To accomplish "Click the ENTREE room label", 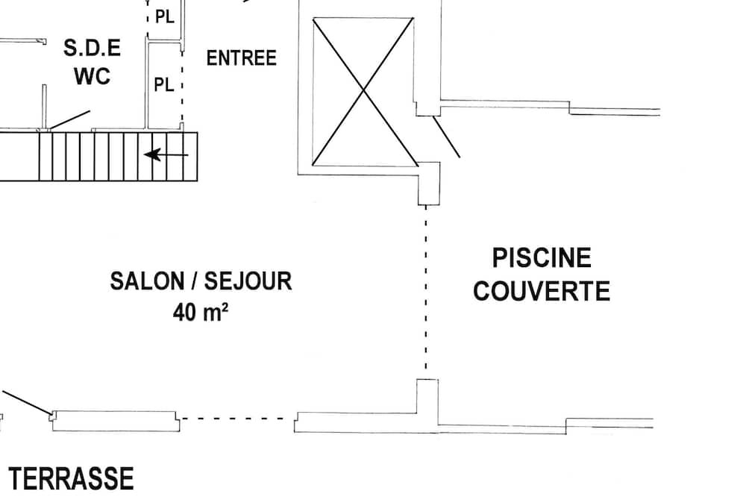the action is [x=241, y=58].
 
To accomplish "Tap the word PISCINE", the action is [x=542, y=258].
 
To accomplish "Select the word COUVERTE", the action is [x=542, y=291].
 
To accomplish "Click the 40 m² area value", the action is [x=200, y=312].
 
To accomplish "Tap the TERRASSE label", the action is [x=72, y=478].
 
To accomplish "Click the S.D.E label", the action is [x=92, y=48].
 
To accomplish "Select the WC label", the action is [x=93, y=76].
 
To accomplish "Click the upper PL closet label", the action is [x=165, y=17].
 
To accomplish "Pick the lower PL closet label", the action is [x=163, y=85].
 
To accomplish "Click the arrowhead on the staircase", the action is [x=152, y=154].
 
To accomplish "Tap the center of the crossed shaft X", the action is [x=364, y=90].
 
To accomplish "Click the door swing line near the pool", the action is [x=446, y=137].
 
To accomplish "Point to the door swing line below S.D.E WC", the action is [x=69, y=119].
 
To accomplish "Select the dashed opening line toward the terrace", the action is [x=237, y=419].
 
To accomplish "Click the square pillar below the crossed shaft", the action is [x=429, y=184].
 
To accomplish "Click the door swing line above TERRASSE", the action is [x=27, y=402].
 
